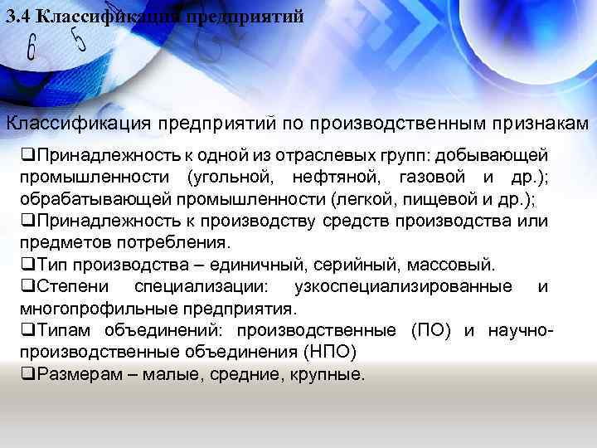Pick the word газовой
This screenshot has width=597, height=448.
[429, 177]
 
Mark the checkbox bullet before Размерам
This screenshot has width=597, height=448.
[27, 374]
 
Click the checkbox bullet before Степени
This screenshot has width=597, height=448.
[27, 287]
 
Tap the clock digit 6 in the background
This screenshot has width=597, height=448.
[32, 48]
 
